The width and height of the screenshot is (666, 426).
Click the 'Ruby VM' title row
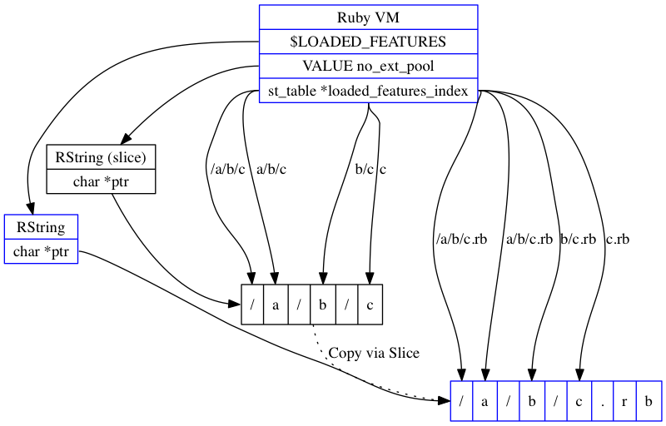coord(368,17)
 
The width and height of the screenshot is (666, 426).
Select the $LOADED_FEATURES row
coord(368,42)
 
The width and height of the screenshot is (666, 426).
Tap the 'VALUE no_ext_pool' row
coord(368,66)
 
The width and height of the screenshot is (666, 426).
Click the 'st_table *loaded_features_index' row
coord(368,90)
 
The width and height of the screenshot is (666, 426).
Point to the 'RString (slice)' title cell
coord(101,157)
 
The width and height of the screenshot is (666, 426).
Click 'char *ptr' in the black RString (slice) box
coord(101,181)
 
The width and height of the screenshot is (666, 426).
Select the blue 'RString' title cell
coord(41,227)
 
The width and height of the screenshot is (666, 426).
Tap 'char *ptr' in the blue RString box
coord(41,251)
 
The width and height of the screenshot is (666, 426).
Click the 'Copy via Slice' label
coord(374,353)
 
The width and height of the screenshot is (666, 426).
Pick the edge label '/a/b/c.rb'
coord(460,240)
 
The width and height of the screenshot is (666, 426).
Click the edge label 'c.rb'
coord(618,240)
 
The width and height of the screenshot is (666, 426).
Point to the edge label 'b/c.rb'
coord(578,240)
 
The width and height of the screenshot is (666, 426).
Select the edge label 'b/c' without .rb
coord(364,170)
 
